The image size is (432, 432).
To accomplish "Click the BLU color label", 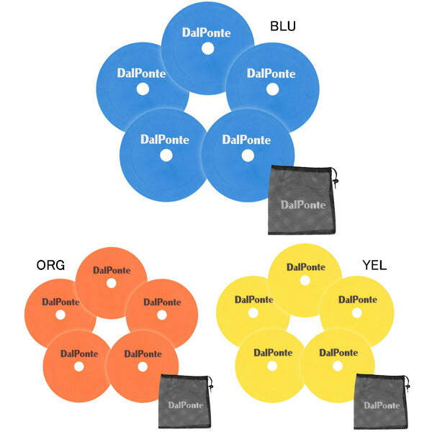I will point(283,26).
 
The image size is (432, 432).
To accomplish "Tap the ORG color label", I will point(50,265).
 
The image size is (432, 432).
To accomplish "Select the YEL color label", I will point(375,265).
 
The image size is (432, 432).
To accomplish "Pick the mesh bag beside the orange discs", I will point(184,400).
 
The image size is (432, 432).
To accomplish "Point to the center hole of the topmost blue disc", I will point(207,49).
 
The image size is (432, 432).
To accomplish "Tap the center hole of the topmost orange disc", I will point(111,283).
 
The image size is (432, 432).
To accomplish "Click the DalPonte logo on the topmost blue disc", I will point(207,32).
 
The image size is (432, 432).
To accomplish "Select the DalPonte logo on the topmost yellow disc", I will point(305,266).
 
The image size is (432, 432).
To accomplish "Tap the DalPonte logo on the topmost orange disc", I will point(111,270).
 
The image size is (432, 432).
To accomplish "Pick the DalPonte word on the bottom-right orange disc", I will point(142,353).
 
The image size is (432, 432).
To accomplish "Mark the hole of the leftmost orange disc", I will point(60,315).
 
